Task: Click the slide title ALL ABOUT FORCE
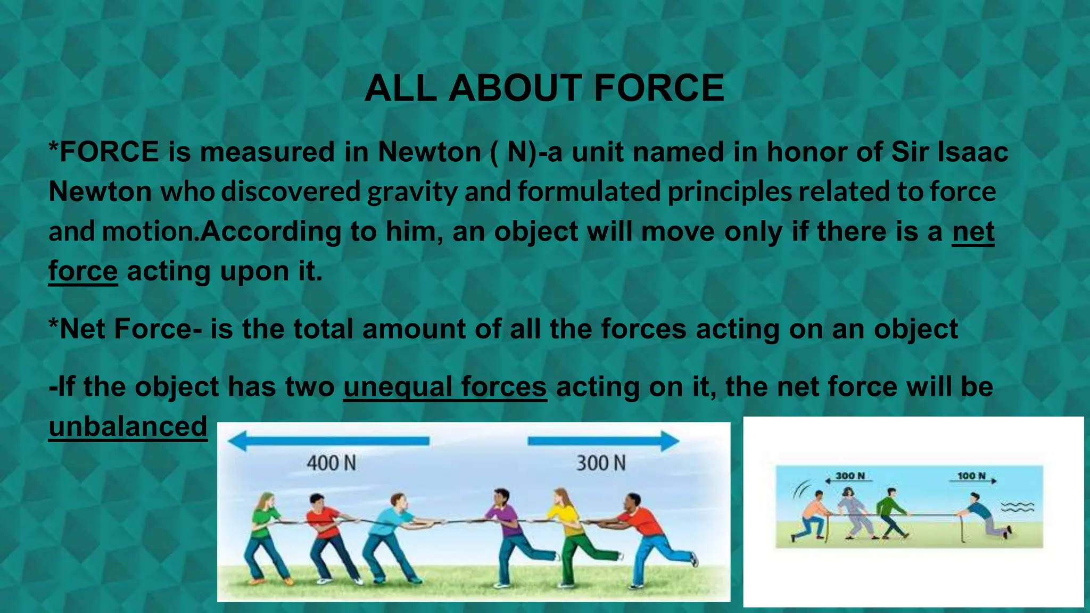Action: pos(544,88)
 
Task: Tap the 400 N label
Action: pos(331,463)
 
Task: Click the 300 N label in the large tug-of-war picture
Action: pos(601,463)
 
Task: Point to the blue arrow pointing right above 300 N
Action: pos(604,441)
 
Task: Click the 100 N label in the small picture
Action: pos(971,475)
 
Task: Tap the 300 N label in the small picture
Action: pos(850,475)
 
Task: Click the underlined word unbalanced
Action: pos(128,427)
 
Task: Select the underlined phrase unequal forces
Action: pos(445,387)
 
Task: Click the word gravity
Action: pos(412,192)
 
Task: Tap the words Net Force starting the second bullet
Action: pos(126,329)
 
